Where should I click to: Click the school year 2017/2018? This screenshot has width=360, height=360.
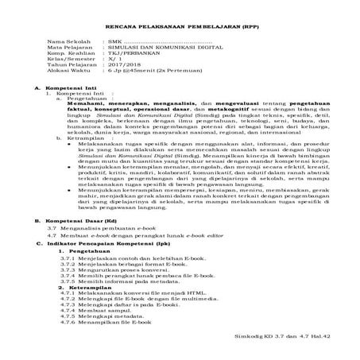coord(130,66)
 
